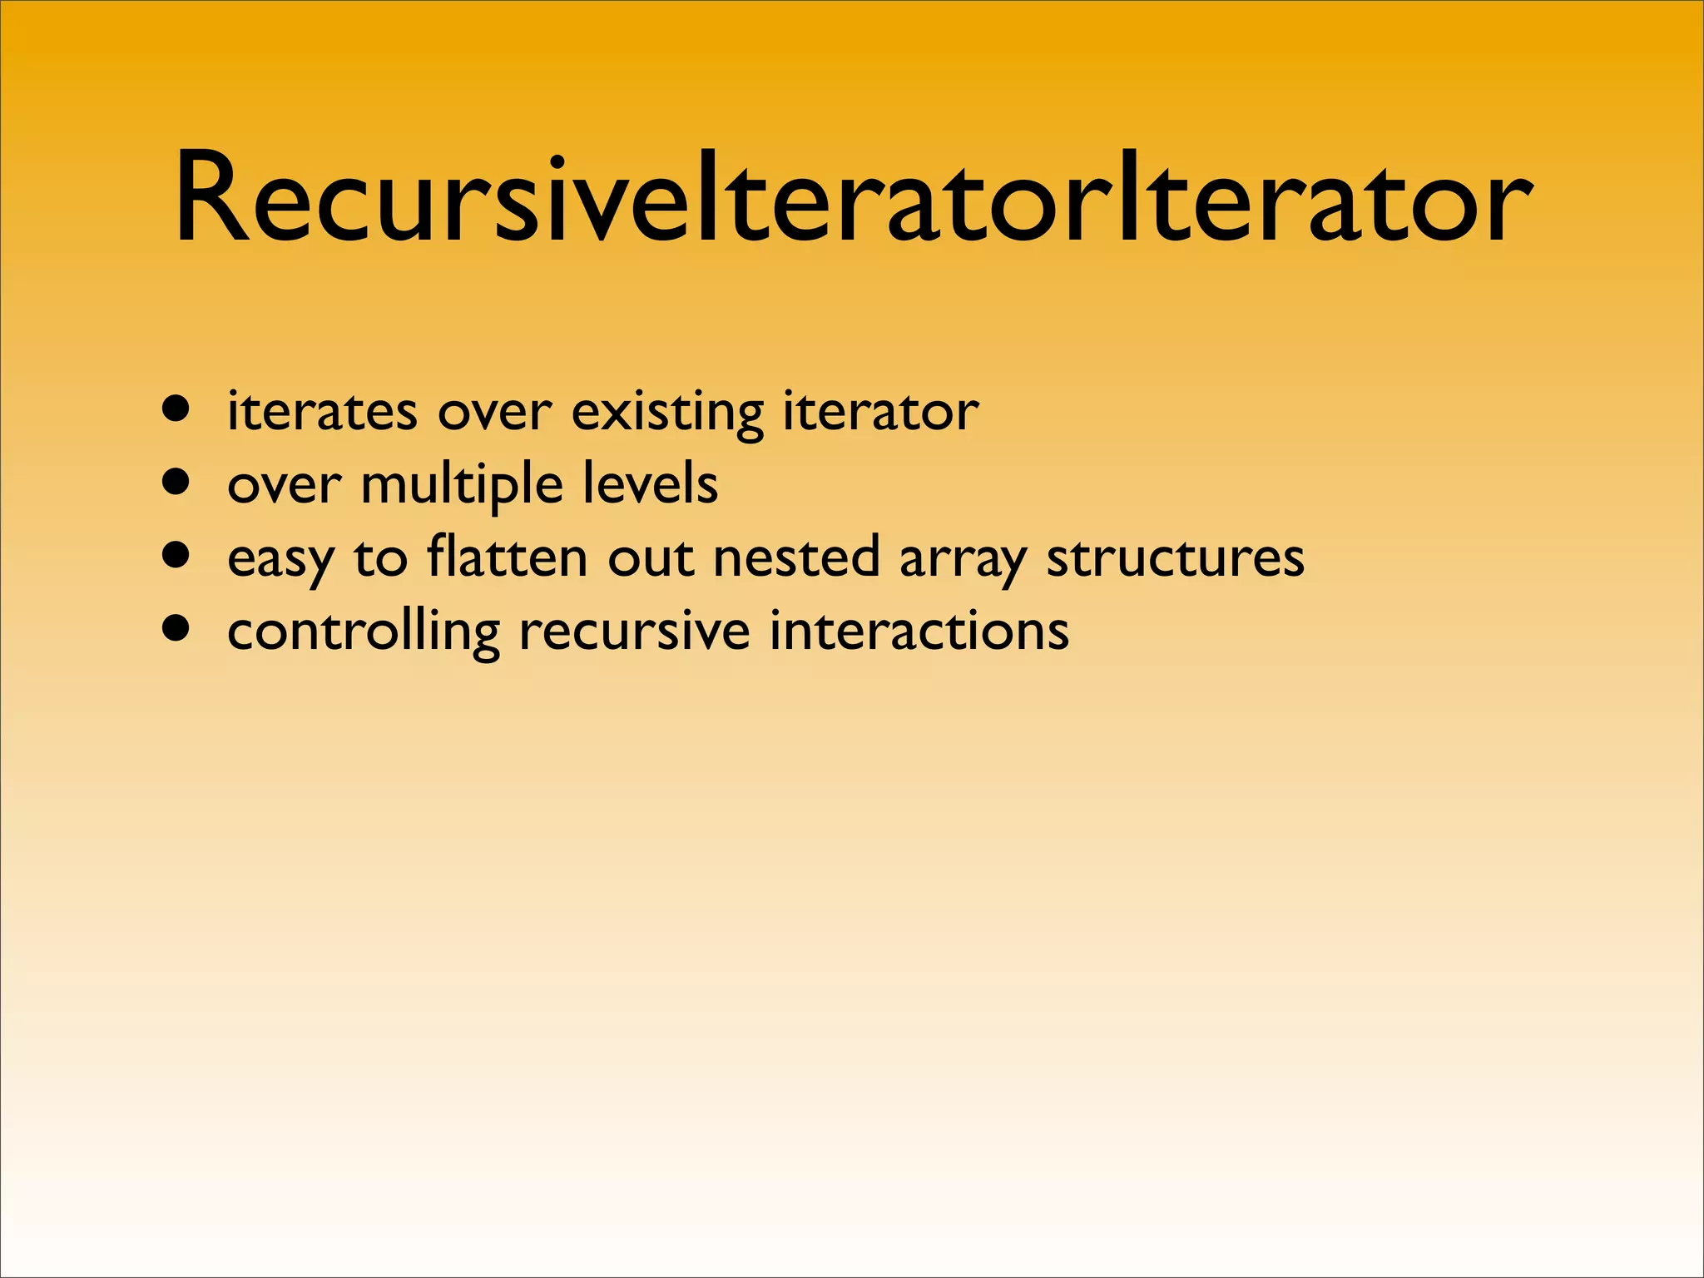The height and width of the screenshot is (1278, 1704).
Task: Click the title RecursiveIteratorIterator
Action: (x=852, y=200)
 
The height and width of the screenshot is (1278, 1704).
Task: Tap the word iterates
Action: (x=322, y=411)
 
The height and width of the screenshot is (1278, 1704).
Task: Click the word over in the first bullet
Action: (x=494, y=413)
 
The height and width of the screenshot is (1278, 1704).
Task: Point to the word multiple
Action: (x=462, y=485)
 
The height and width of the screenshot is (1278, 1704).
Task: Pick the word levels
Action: (x=650, y=483)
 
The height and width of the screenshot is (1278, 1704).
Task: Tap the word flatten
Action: (x=507, y=557)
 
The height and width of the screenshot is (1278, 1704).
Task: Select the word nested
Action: (x=796, y=557)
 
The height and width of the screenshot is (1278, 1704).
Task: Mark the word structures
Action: (x=1175, y=557)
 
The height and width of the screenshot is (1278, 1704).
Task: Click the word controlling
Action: (x=364, y=631)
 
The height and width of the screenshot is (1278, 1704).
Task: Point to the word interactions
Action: (x=919, y=630)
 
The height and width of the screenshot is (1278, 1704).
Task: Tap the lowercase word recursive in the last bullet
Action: (x=634, y=631)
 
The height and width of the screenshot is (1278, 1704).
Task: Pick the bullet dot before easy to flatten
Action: (x=176, y=555)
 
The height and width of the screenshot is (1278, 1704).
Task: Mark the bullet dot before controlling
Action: (x=176, y=628)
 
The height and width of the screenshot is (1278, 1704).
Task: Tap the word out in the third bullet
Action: (x=650, y=557)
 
